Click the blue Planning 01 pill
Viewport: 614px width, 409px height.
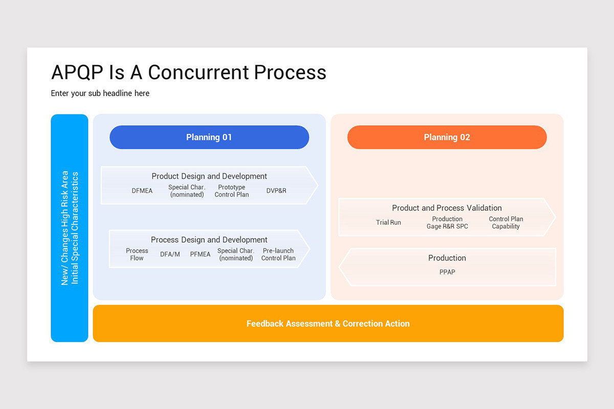(x=209, y=137)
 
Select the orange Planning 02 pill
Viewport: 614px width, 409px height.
(x=447, y=137)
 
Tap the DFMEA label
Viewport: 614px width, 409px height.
(x=142, y=191)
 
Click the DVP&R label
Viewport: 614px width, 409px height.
(x=276, y=191)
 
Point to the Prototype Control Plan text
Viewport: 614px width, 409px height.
(x=232, y=191)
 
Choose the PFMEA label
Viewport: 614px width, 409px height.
(x=200, y=254)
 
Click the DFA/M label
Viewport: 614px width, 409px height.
(x=170, y=254)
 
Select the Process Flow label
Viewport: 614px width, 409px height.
(x=137, y=254)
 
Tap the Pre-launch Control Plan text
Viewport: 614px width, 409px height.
(x=278, y=254)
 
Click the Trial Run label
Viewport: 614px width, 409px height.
(x=388, y=222)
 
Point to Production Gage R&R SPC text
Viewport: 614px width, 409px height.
(x=447, y=222)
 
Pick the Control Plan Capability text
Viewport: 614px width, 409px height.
(x=506, y=222)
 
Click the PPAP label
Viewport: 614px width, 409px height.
(x=447, y=272)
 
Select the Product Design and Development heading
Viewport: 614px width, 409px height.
(x=209, y=176)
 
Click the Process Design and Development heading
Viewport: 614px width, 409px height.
(x=209, y=240)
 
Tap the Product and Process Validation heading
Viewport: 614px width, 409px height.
(x=447, y=208)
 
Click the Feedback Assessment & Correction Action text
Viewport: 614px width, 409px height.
(x=328, y=324)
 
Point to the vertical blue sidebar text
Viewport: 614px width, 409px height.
(x=70, y=228)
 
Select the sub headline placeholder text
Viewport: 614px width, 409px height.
(x=100, y=93)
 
